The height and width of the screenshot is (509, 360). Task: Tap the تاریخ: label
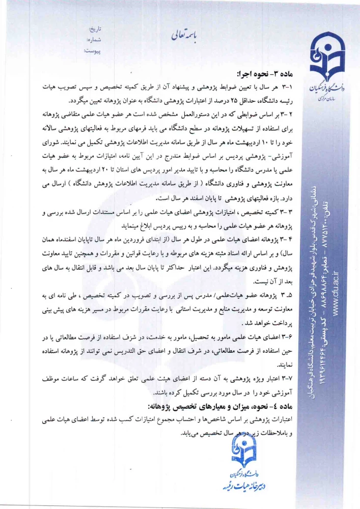[x=95, y=29]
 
